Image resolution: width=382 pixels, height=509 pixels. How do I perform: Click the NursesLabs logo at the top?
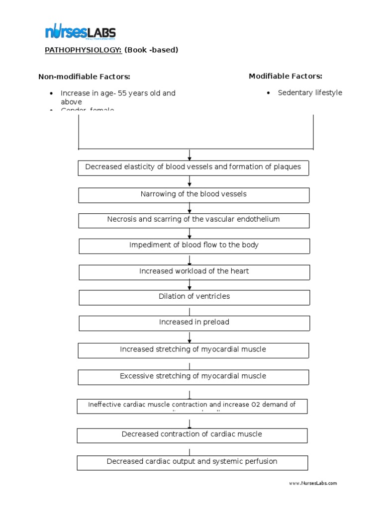(x=80, y=33)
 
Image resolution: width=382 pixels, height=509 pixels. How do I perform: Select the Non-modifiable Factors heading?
(x=85, y=77)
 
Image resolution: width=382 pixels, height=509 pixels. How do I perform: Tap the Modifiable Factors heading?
(x=285, y=76)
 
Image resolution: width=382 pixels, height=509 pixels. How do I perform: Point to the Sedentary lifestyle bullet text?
(x=310, y=93)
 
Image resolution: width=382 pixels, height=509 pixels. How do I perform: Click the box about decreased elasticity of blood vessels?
(x=193, y=168)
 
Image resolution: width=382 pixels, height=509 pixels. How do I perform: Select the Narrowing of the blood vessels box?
(x=193, y=194)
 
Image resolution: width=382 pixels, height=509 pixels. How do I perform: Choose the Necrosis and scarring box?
(x=193, y=220)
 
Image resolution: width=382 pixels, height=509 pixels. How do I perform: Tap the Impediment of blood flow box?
(x=194, y=246)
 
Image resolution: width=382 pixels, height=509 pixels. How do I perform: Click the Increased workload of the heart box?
(x=194, y=271)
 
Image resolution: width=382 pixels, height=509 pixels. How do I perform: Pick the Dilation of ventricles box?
(x=194, y=297)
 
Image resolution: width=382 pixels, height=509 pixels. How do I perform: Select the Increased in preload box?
(x=194, y=323)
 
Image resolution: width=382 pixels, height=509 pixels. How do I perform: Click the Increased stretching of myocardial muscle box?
(x=193, y=350)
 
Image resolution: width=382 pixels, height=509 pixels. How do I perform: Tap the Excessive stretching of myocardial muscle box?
(x=193, y=377)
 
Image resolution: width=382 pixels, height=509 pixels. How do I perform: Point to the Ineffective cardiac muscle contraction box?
(x=192, y=406)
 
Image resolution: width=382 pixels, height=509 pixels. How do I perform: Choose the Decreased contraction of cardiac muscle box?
(x=192, y=435)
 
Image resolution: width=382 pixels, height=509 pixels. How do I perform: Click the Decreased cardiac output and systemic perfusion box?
(x=192, y=462)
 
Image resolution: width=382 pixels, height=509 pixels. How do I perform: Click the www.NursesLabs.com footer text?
(x=313, y=483)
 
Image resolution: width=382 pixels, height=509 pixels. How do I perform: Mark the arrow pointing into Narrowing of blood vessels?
(x=190, y=183)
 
